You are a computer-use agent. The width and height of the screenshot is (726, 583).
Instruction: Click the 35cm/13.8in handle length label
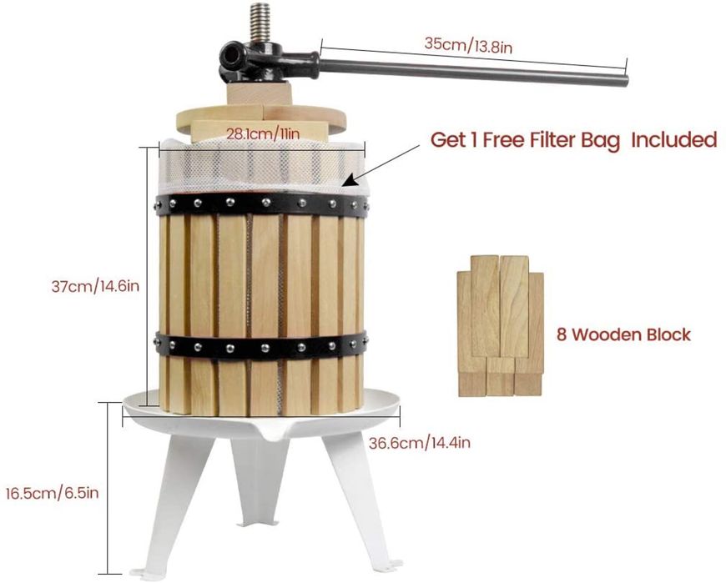click(468, 45)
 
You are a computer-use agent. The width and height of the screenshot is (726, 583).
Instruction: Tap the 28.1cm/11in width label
click(263, 133)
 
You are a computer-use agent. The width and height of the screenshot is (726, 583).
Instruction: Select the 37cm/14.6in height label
click(95, 286)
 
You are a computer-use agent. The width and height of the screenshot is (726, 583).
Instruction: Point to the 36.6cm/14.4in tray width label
click(420, 443)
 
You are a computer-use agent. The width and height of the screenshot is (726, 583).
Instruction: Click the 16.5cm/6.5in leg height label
click(52, 493)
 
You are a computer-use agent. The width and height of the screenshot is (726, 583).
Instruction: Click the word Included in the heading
click(674, 139)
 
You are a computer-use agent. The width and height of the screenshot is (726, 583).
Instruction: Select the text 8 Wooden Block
click(623, 334)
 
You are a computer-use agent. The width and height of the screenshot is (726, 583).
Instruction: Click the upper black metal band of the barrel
click(262, 204)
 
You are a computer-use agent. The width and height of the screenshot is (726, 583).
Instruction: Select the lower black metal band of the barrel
click(262, 345)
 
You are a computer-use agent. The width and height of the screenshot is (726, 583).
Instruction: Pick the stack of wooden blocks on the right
click(500, 326)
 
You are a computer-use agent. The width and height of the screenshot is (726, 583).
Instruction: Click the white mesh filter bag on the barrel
click(263, 168)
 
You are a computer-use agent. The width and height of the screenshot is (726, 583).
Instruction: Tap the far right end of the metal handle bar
click(626, 81)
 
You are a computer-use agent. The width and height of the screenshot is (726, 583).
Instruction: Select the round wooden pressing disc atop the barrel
click(260, 118)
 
